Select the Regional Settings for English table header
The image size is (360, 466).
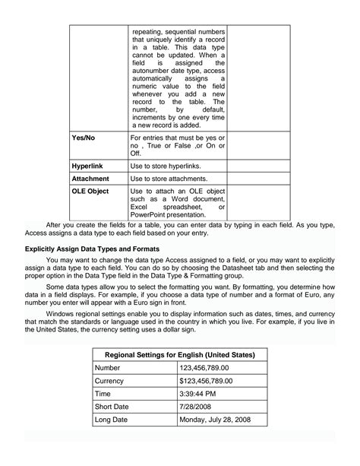coord(179,355)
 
